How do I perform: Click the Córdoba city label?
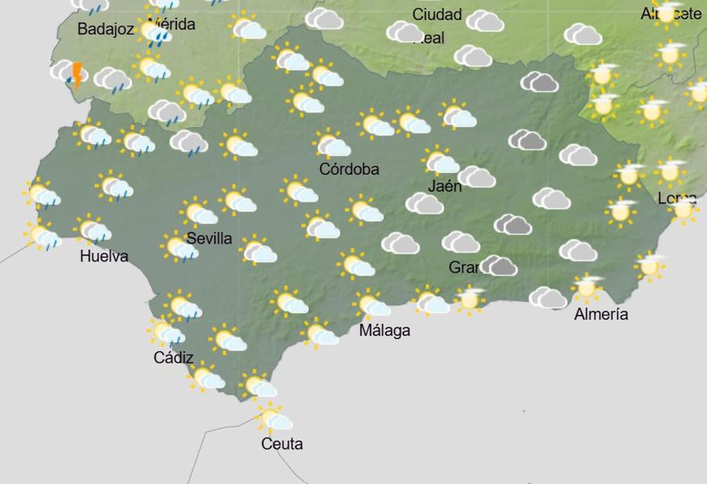tap(349, 170)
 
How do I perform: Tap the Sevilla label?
tap(209, 238)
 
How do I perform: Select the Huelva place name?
tap(104, 256)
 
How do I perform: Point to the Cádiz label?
tap(173, 357)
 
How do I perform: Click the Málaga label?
tap(384, 331)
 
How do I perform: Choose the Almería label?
tap(601, 314)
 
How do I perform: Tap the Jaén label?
tap(445, 186)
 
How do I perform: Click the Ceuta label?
tap(282, 443)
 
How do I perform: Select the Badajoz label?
tap(106, 29)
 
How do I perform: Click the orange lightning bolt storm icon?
tap(77, 75)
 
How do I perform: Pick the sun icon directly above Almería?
tap(587, 287)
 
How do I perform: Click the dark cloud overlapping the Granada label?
tap(498, 266)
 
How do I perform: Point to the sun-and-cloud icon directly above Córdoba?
tap(332, 144)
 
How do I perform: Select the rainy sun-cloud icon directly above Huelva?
tap(93, 230)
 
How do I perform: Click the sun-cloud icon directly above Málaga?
tap(373, 305)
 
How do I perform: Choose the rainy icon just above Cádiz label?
tap(166, 333)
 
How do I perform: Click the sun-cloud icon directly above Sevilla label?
tap(199, 213)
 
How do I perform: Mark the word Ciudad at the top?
tap(437, 15)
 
